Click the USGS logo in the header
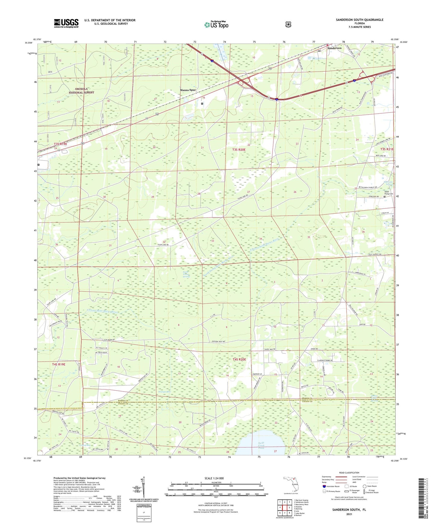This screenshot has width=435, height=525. pos(66,23)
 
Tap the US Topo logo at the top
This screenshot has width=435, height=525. pos(216,24)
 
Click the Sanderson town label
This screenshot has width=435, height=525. pos(334,48)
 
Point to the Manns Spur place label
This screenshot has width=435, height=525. pos(188,90)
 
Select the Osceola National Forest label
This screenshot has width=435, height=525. pos(81,91)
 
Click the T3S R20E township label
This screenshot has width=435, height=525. pos(239,149)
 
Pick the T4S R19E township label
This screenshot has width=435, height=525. pos(59,364)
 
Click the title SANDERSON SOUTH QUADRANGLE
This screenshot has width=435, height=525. pos(359,20)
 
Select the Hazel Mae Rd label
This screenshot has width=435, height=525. pos(270,349)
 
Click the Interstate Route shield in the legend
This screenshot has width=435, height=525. pos(324,486)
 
